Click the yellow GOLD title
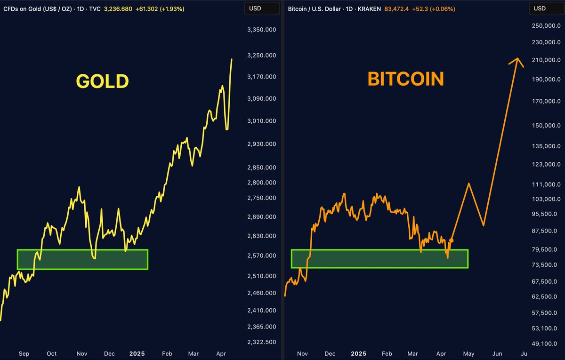[102, 81]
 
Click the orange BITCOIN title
[405, 79]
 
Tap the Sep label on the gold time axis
[23, 353]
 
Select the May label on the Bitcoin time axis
[469, 353]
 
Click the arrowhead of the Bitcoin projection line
[517, 60]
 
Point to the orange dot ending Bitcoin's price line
[452, 240]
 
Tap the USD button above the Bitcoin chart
[540, 8]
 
